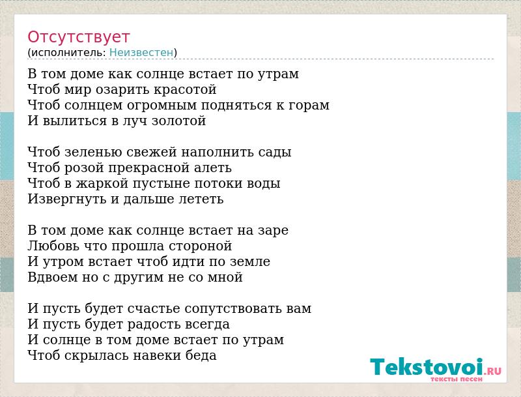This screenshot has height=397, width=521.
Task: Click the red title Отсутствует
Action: (78, 37)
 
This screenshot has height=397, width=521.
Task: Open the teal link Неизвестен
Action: (141, 53)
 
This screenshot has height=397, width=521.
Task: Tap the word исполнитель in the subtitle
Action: (68, 53)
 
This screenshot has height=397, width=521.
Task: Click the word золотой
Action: (178, 121)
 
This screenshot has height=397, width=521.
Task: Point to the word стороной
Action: (201, 246)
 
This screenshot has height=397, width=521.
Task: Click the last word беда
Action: (201, 355)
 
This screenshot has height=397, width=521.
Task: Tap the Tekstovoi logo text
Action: (427, 367)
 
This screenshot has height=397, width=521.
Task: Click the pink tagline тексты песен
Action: (457, 379)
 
